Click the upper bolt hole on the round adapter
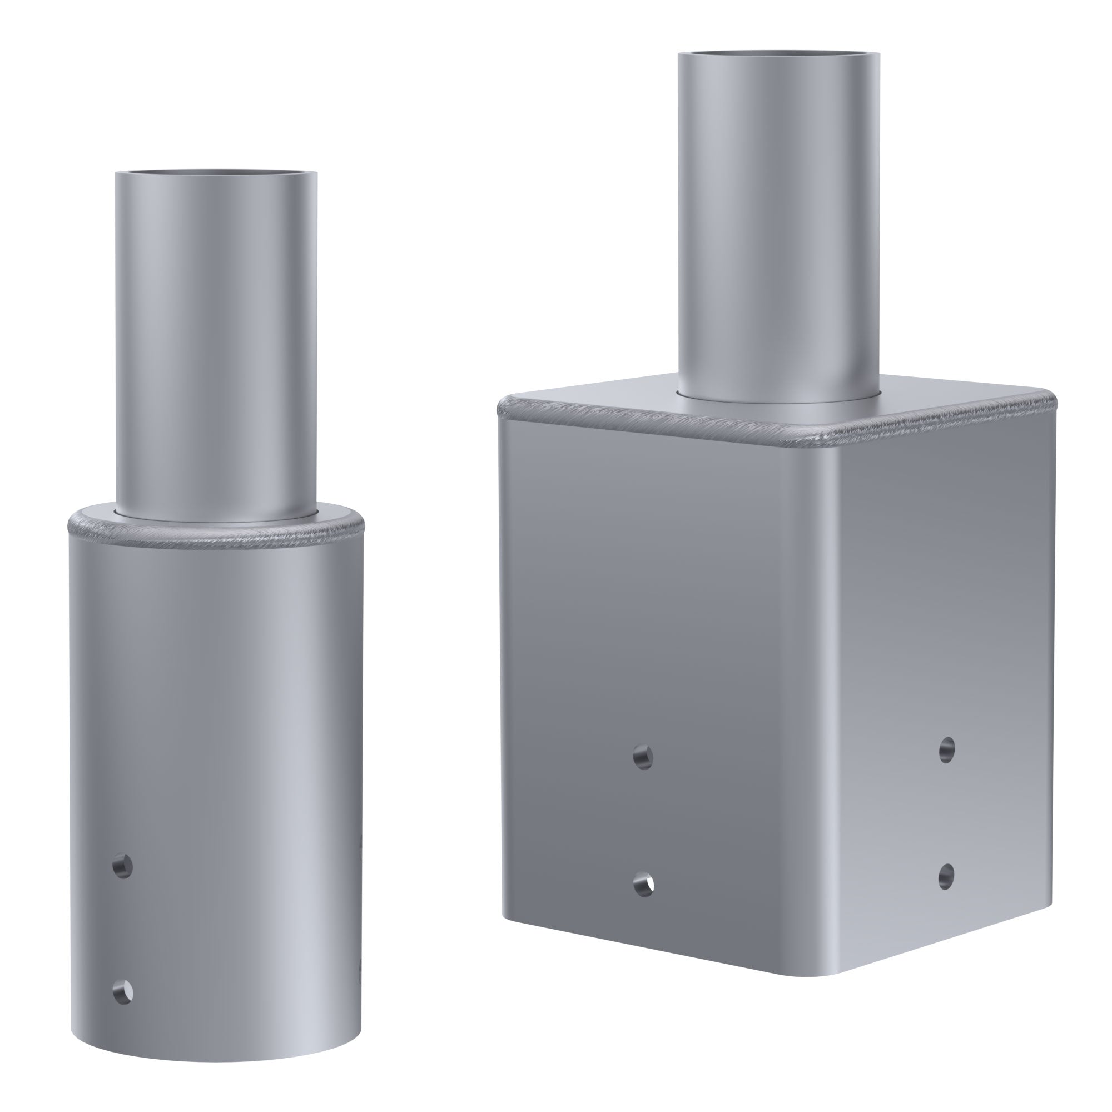click(x=121, y=865)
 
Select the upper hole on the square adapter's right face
click(x=947, y=750)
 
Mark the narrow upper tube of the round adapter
click(x=216, y=345)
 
